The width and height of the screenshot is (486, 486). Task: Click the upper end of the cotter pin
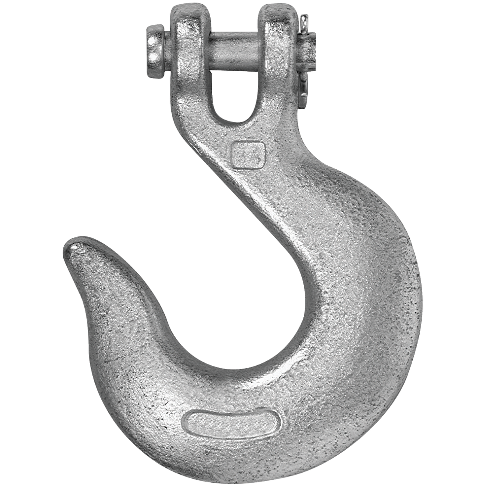305,18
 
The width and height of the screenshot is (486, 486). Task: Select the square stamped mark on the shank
247,154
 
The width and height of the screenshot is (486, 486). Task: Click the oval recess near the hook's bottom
234,423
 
